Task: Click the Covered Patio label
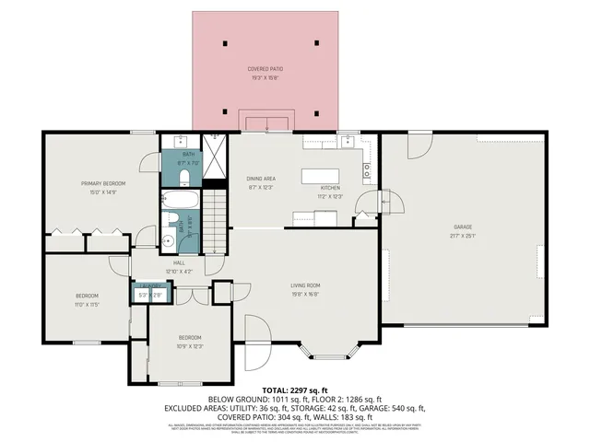pos(265,70)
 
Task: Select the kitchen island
pos(324,175)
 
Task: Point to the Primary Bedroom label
pos(102,183)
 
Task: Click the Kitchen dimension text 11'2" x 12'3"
pos(330,196)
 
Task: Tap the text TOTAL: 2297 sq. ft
pos(294,391)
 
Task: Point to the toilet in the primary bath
pos(183,176)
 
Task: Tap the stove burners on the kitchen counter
pos(367,169)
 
